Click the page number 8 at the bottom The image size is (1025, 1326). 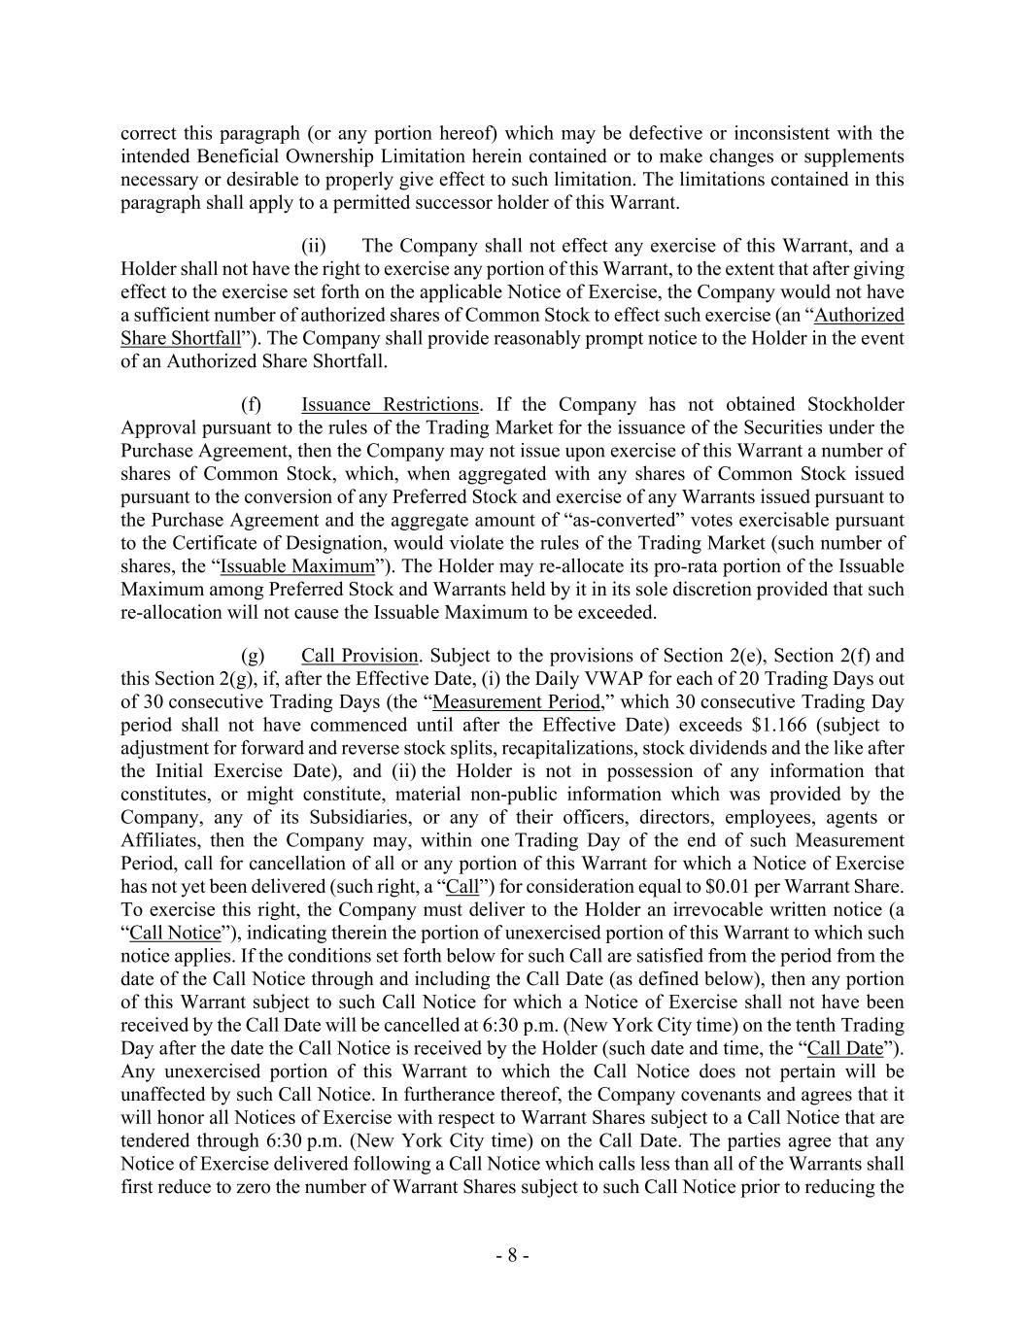[x=512, y=1255]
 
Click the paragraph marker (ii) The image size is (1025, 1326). [x=313, y=246]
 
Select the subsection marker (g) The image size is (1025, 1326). [x=252, y=656]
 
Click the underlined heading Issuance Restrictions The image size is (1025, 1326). [x=390, y=404]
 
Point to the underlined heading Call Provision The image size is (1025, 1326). [x=359, y=656]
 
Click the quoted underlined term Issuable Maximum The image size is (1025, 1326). [x=296, y=566]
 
